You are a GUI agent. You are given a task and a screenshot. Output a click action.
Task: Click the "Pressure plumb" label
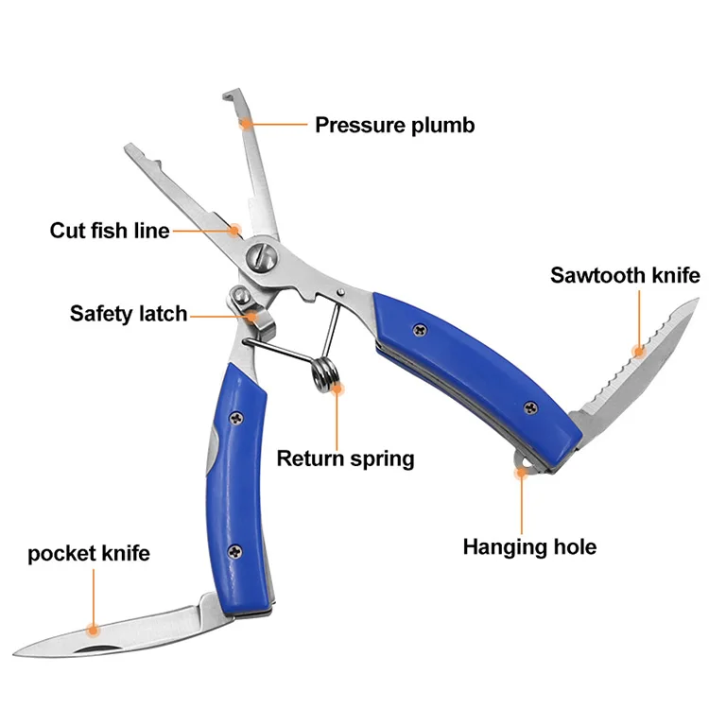(394, 124)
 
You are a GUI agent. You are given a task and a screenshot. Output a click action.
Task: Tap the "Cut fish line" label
(110, 230)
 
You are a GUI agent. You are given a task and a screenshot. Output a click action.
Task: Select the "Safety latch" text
(129, 313)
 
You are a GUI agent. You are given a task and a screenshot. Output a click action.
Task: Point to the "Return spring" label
(345, 459)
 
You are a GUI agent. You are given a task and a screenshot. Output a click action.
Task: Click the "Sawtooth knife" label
(626, 275)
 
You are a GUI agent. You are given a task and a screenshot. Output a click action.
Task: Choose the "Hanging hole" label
(529, 546)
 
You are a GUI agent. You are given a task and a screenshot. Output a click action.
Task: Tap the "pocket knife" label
(89, 553)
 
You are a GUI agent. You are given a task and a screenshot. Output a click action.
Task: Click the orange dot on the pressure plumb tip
(245, 122)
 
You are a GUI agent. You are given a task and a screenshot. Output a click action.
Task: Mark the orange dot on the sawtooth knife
(640, 352)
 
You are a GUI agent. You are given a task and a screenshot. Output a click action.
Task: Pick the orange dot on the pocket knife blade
(93, 626)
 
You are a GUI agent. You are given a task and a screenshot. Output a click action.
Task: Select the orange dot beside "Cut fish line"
(235, 229)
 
